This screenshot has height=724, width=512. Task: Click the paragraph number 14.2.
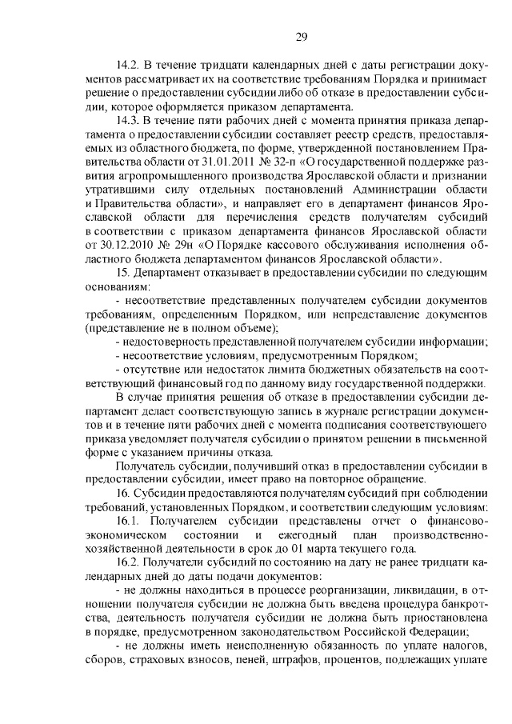point(129,65)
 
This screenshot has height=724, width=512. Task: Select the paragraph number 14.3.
point(129,119)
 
